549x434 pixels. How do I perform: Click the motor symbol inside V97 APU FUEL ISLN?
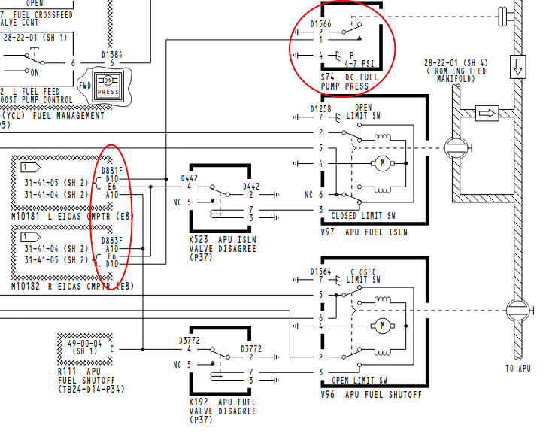(x=382, y=162)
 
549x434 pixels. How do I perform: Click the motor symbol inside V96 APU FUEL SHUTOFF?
(x=382, y=326)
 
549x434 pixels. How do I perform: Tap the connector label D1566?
(x=321, y=24)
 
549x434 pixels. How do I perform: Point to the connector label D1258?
(x=321, y=109)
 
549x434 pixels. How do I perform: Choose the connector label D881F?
(x=112, y=170)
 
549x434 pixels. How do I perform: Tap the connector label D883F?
(x=112, y=240)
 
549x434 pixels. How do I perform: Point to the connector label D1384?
(x=112, y=55)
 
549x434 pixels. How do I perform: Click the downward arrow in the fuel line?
(x=517, y=66)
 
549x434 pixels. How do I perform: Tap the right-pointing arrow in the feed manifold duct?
(x=487, y=114)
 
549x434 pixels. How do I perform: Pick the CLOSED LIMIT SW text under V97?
(x=364, y=216)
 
